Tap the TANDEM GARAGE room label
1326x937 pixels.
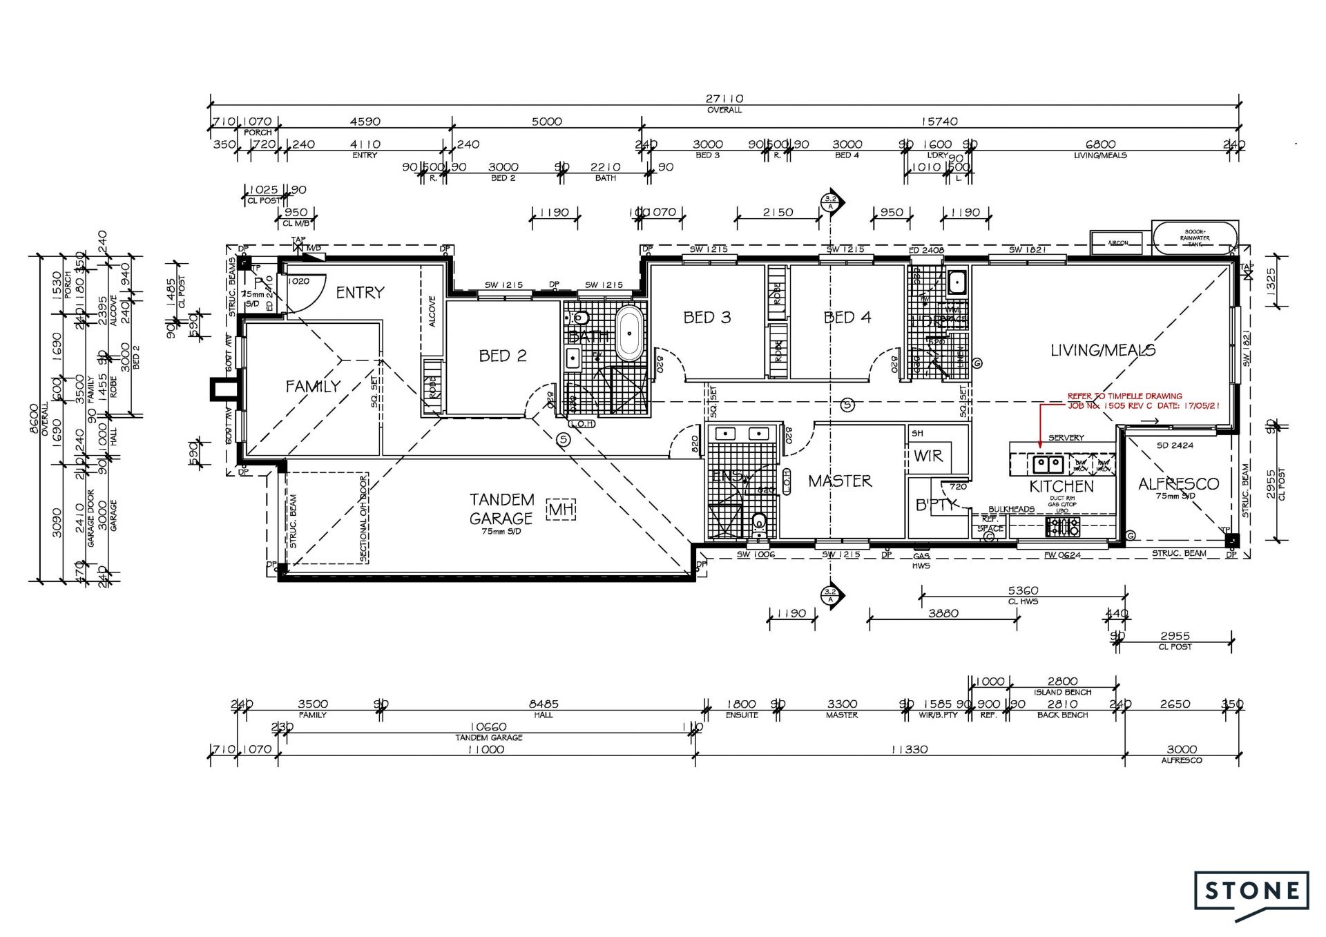[502, 509]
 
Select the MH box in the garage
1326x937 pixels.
[561, 510]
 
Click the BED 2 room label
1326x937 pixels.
[503, 356]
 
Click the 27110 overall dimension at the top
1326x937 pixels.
[724, 99]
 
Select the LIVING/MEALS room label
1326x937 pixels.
[1102, 350]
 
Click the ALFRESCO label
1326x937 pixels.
[1178, 484]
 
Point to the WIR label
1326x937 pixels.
[928, 456]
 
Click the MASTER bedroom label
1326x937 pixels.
[840, 481]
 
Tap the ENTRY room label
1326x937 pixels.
[360, 293]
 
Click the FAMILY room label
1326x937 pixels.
[313, 387]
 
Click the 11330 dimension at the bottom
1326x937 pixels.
[909, 749]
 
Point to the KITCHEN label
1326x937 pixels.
[1061, 486]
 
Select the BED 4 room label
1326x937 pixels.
[847, 318]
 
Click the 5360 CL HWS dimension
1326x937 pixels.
[1022, 591]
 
